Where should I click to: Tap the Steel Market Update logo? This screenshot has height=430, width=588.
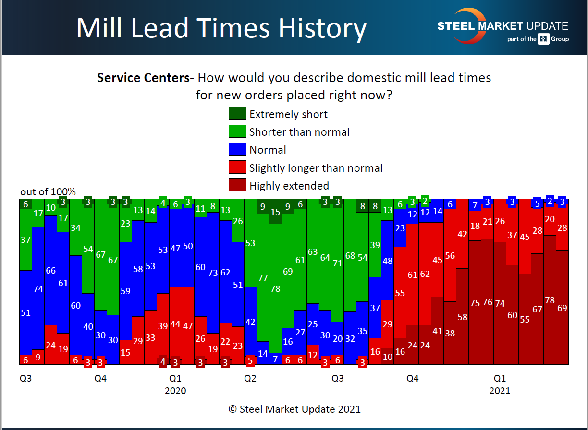(x=502, y=26)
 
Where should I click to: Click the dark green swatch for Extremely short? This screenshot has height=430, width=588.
(x=237, y=114)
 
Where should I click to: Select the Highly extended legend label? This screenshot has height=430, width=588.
(x=289, y=186)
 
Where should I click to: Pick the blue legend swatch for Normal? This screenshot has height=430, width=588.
(x=237, y=150)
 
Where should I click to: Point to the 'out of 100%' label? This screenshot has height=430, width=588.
(x=48, y=192)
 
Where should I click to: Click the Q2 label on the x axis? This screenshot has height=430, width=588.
(x=250, y=379)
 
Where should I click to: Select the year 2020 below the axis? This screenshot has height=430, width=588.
(x=175, y=391)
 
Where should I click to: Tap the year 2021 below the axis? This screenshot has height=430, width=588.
(x=500, y=391)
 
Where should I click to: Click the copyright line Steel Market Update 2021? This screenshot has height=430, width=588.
(x=294, y=409)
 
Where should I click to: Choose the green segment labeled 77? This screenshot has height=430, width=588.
(x=263, y=278)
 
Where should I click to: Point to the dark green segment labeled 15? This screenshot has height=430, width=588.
(x=275, y=212)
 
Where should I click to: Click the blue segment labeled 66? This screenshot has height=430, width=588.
(x=51, y=270)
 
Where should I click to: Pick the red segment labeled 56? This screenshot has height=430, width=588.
(x=450, y=256)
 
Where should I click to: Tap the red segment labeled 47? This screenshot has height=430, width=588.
(x=188, y=326)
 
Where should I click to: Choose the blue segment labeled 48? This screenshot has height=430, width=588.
(x=388, y=261)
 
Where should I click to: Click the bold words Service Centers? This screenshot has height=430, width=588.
(x=145, y=78)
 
